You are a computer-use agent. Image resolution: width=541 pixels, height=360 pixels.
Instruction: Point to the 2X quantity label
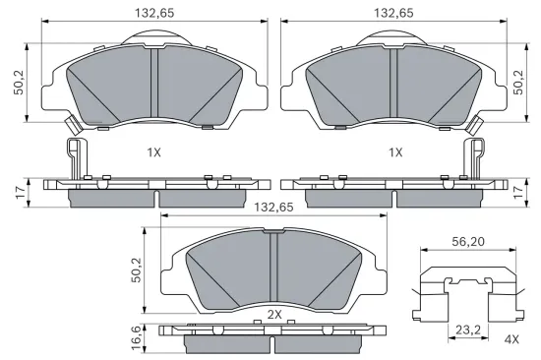coord(274,314)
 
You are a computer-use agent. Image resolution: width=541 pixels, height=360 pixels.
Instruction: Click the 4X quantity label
coord(511,339)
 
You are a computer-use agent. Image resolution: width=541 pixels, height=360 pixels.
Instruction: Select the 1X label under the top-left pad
coord(153,152)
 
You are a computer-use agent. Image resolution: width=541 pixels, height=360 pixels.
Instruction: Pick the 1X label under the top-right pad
coord(395,152)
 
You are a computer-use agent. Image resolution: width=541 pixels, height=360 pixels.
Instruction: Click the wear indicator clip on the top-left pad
coord(72,125)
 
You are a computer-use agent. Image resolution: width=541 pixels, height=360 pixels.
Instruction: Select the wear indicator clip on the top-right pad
coord(477,125)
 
